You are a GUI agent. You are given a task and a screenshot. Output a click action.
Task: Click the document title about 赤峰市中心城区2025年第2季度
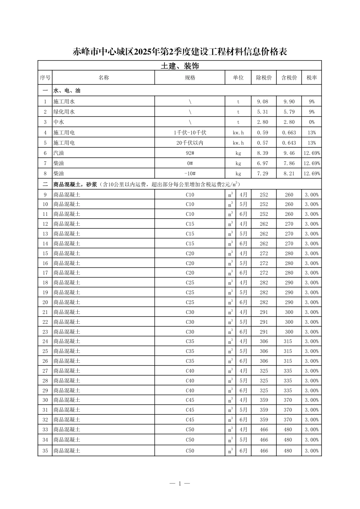[x=180, y=52]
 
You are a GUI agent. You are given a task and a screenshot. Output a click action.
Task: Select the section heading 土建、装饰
[x=180, y=66]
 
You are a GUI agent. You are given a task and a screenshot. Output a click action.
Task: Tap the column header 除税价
[x=264, y=78]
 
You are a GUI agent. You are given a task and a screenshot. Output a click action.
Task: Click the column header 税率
[x=311, y=78]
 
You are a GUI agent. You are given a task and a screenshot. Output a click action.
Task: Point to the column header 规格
[x=190, y=78]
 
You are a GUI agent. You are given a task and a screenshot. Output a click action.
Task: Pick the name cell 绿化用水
[x=64, y=112]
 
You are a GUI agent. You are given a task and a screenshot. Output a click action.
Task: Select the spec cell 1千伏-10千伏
[x=190, y=133]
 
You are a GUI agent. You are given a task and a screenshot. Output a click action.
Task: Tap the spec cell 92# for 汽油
[x=190, y=153]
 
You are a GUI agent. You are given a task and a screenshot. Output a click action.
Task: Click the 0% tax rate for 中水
[x=311, y=122]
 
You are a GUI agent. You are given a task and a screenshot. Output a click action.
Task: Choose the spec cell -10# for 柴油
[x=190, y=173]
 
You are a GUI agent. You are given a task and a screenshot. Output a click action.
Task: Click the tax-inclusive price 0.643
[x=289, y=143]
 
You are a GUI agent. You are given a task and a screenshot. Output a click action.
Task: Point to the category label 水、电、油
[x=67, y=91]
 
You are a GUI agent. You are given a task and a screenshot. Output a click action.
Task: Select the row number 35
[x=45, y=451]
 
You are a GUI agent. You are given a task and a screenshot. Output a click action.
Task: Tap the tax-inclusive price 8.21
[x=289, y=173]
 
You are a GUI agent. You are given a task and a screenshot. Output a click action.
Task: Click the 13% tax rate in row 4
[x=311, y=133]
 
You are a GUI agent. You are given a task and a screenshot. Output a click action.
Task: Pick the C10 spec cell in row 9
[x=190, y=195]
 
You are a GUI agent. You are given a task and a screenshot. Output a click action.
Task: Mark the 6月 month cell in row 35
[x=243, y=451]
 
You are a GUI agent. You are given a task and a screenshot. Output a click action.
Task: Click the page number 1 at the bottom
[x=180, y=483]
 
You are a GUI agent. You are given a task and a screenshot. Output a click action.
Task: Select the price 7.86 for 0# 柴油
[x=289, y=163]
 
